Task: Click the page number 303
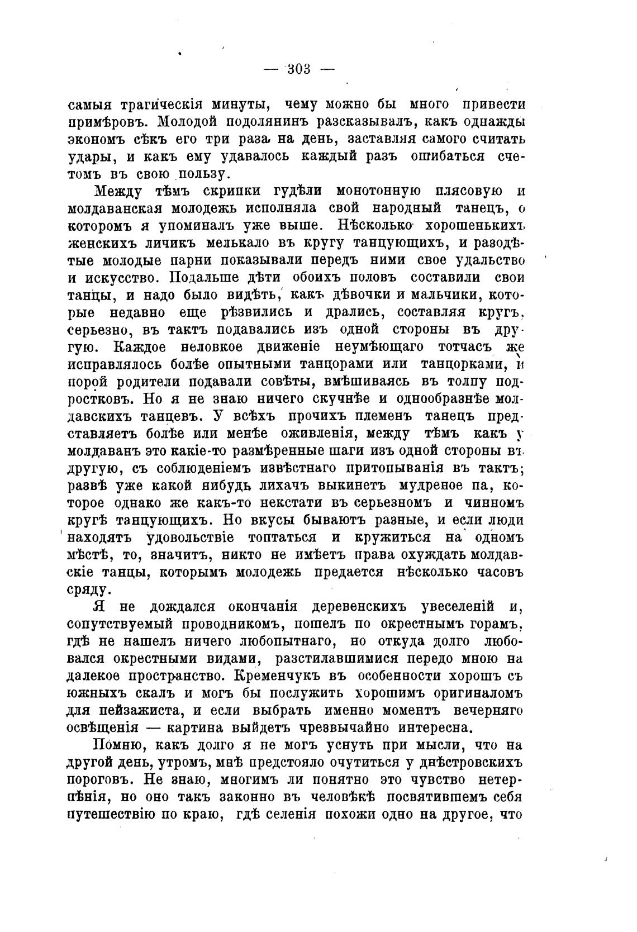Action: coord(298,69)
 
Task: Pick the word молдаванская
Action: coord(119,208)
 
